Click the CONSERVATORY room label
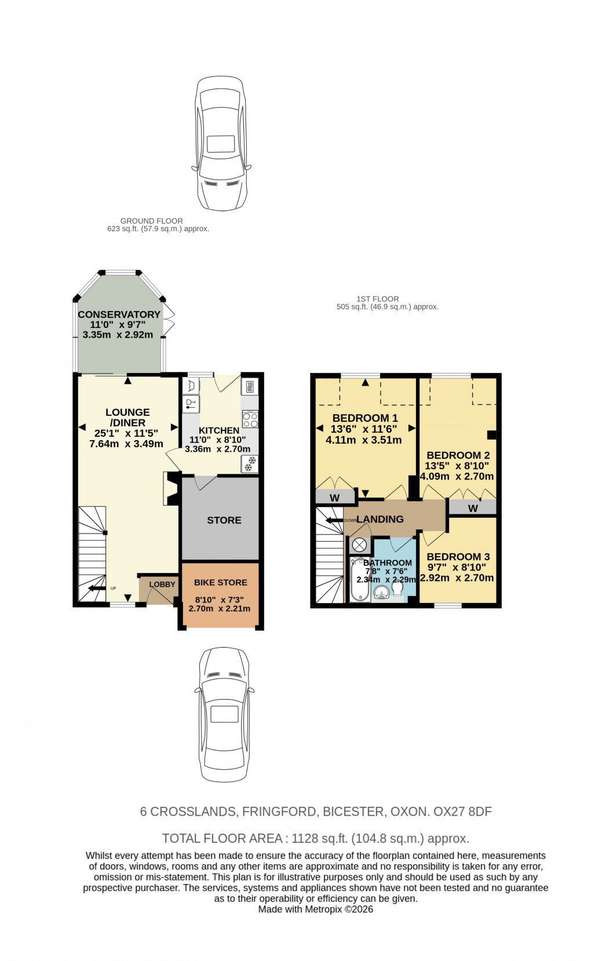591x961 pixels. point(119,314)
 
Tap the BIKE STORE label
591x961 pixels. point(220,582)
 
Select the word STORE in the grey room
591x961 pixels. point(224,520)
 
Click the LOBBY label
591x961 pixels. point(162,584)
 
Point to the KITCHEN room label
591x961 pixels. point(219,430)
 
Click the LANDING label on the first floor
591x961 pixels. point(380,519)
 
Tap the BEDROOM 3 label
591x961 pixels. point(458,556)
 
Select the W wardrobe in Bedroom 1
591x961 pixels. point(334,498)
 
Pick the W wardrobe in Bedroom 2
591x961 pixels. point(473,508)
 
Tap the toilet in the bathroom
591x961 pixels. point(397,588)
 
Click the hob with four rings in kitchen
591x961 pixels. point(250,419)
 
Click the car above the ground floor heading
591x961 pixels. point(221,144)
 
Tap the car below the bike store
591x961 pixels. point(224,714)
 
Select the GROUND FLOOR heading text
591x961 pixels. point(151,221)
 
